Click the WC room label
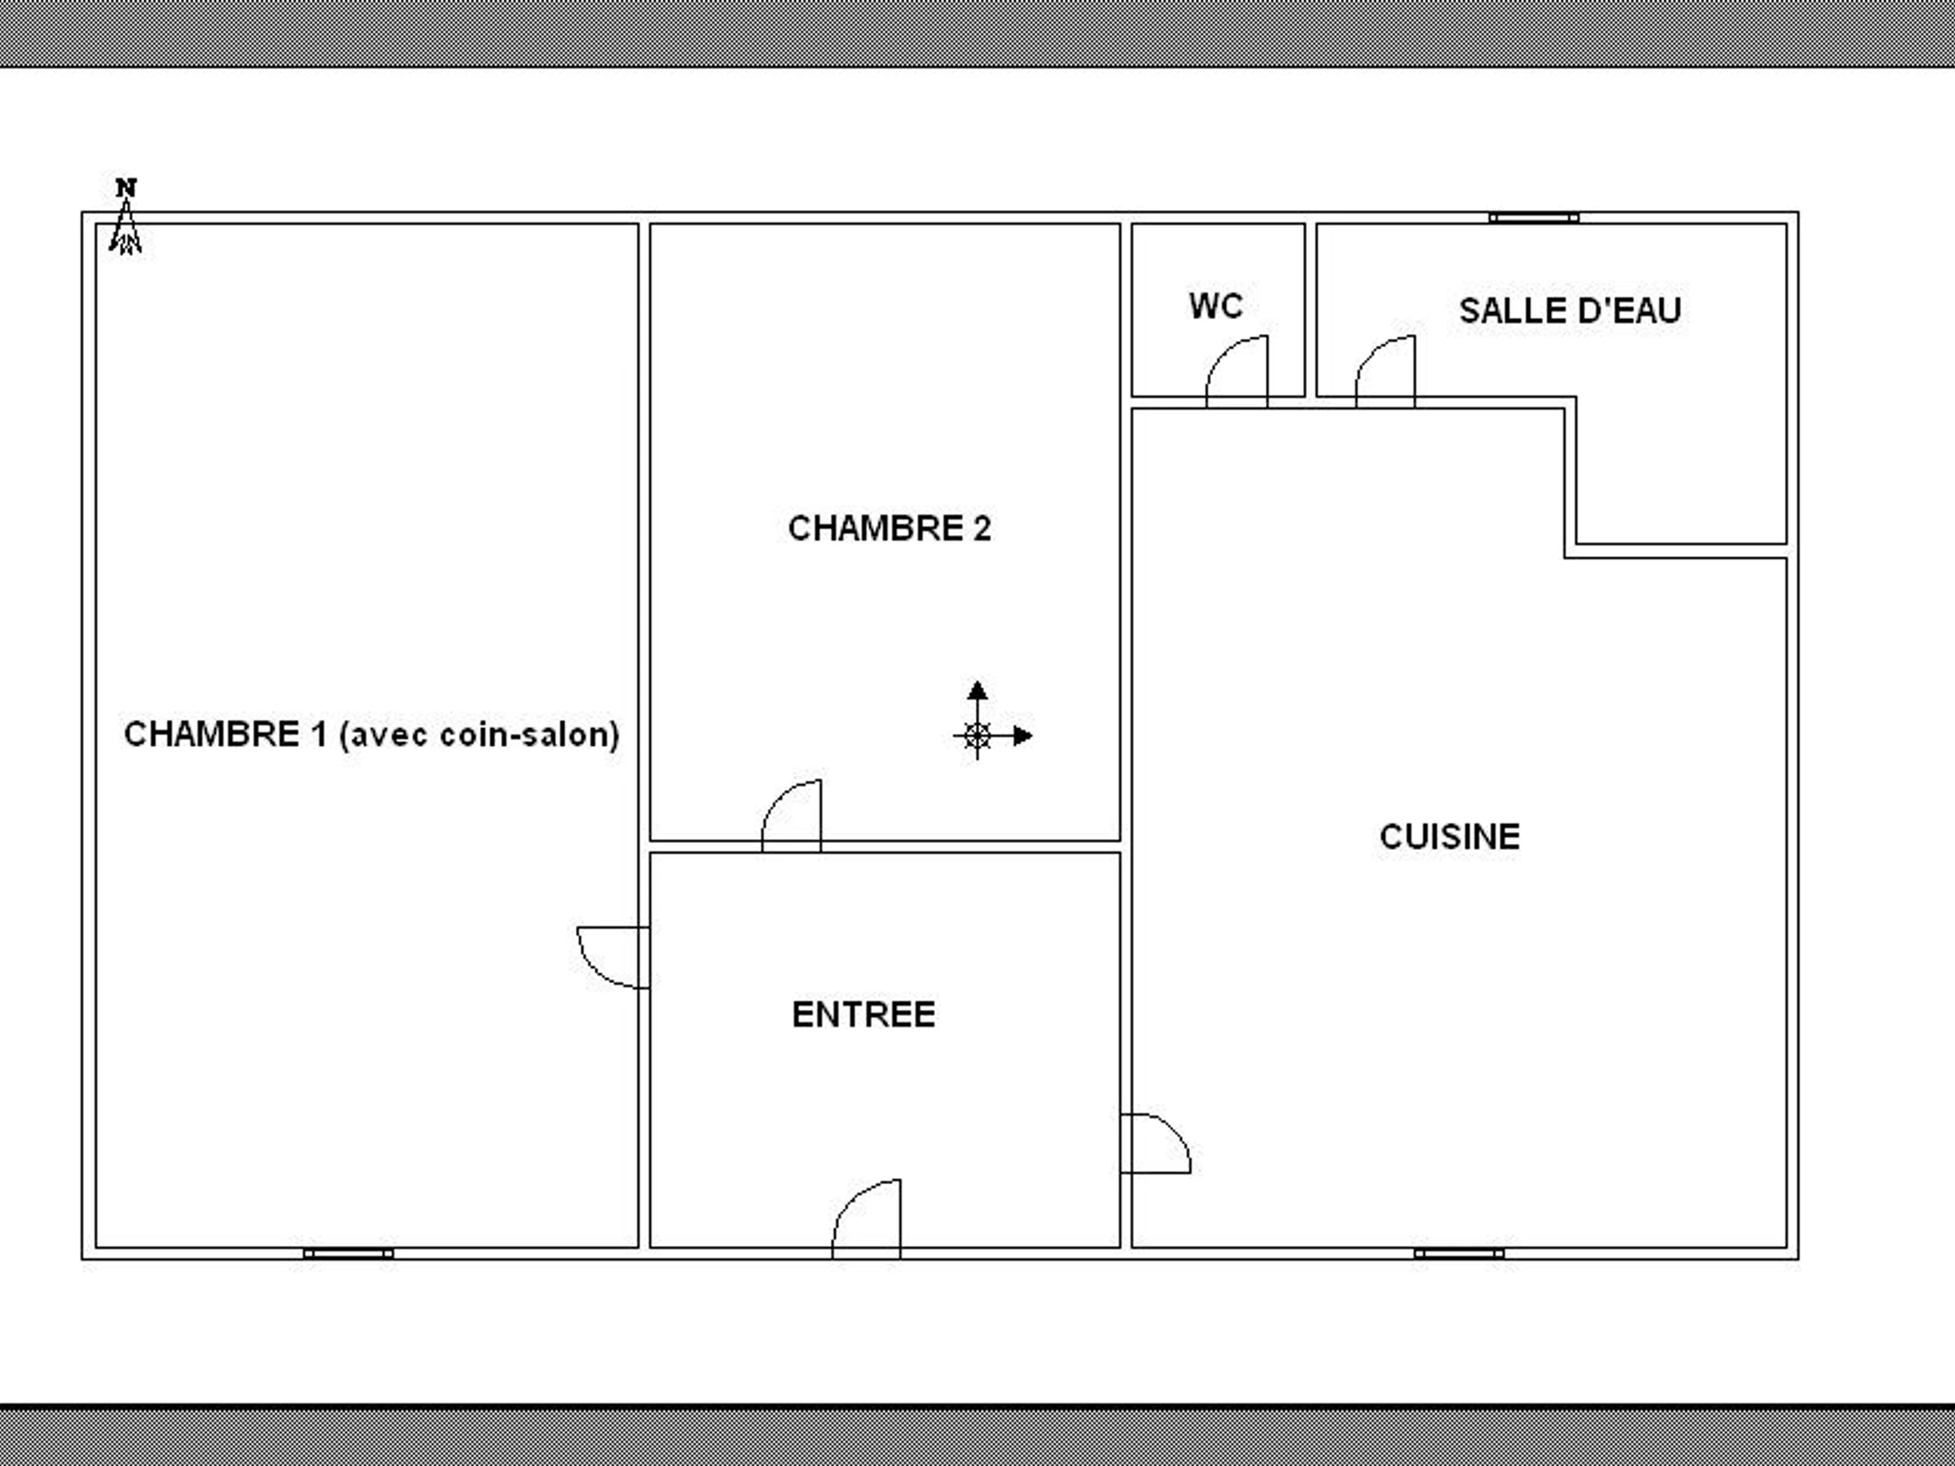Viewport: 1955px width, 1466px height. click(x=1215, y=305)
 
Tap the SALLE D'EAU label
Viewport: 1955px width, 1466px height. click(x=1570, y=310)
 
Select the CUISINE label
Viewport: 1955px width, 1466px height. click(x=1449, y=836)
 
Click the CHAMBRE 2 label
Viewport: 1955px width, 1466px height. click(x=890, y=529)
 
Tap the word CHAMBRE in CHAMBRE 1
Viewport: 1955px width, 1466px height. click(x=211, y=735)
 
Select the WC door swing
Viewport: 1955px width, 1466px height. click(x=1237, y=371)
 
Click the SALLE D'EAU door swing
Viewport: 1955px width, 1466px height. click(x=1385, y=371)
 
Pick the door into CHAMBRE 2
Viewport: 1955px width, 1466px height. click(x=791, y=815)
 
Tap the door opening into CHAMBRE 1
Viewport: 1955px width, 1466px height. click(x=613, y=957)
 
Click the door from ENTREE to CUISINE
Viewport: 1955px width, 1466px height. click(x=1155, y=1143)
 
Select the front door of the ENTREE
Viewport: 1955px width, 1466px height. click(x=866, y=1218)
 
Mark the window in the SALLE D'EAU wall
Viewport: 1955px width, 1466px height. click(x=1533, y=217)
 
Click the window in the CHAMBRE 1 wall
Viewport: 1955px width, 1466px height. click(x=348, y=1253)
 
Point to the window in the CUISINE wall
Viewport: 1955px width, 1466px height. click(x=1458, y=1253)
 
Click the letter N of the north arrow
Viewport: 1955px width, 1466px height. click(x=126, y=187)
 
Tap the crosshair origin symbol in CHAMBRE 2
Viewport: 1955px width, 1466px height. click(x=977, y=735)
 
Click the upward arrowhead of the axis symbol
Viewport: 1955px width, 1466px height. click(x=977, y=690)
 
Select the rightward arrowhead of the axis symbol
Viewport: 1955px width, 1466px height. click(x=1022, y=735)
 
